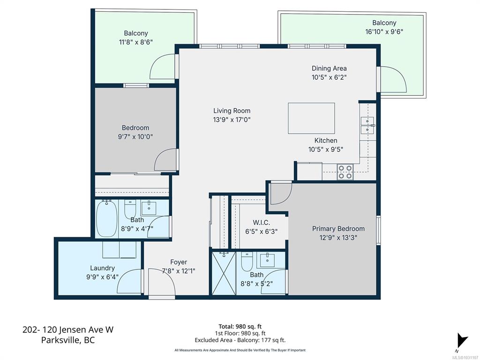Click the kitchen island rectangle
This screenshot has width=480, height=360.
(311, 118)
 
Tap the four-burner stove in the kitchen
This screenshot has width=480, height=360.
(345, 172)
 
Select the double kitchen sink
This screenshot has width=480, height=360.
(367, 126)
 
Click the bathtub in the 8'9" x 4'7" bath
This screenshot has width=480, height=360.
(107, 218)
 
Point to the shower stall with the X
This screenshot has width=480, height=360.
(224, 273)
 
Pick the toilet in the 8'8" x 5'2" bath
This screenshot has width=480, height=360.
(247, 262)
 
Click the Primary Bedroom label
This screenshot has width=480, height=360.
(338, 229)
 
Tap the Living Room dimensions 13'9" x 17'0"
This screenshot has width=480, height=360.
(232, 120)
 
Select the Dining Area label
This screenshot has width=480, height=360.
(329, 68)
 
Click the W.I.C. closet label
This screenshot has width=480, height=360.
(262, 223)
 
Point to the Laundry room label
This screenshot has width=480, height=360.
(102, 268)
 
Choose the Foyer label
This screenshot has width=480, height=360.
(179, 262)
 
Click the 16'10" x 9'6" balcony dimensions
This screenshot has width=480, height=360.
(384, 31)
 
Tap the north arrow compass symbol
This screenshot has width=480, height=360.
(462, 340)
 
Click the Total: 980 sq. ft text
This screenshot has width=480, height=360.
(240, 326)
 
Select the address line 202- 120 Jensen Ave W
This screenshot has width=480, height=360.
(68, 330)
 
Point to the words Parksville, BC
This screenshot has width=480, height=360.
(68, 340)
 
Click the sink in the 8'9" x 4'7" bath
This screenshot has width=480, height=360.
(149, 208)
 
